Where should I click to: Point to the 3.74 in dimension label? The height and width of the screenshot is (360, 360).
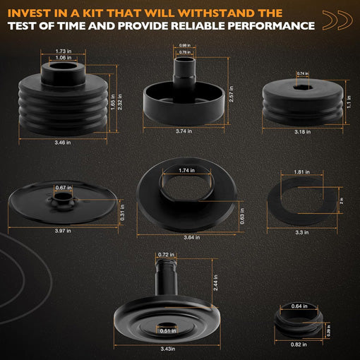point(186,131)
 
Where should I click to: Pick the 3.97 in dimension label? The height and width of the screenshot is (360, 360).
point(64,229)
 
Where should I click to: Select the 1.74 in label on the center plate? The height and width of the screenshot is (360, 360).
point(186,171)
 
